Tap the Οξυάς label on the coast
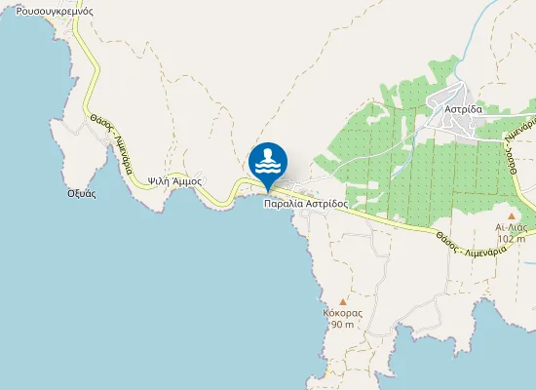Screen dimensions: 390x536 [x=81, y=193]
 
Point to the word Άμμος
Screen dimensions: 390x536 [x=187, y=181]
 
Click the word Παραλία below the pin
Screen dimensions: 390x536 [x=285, y=204]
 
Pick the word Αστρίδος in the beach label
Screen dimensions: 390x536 [x=328, y=204]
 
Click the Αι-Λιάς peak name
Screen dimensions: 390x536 [x=512, y=226]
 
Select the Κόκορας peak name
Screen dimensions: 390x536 [x=343, y=313]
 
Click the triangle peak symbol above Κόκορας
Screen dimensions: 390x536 [x=343, y=301]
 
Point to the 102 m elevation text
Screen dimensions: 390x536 [x=512, y=237]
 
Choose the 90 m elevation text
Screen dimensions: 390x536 [x=343, y=324]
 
